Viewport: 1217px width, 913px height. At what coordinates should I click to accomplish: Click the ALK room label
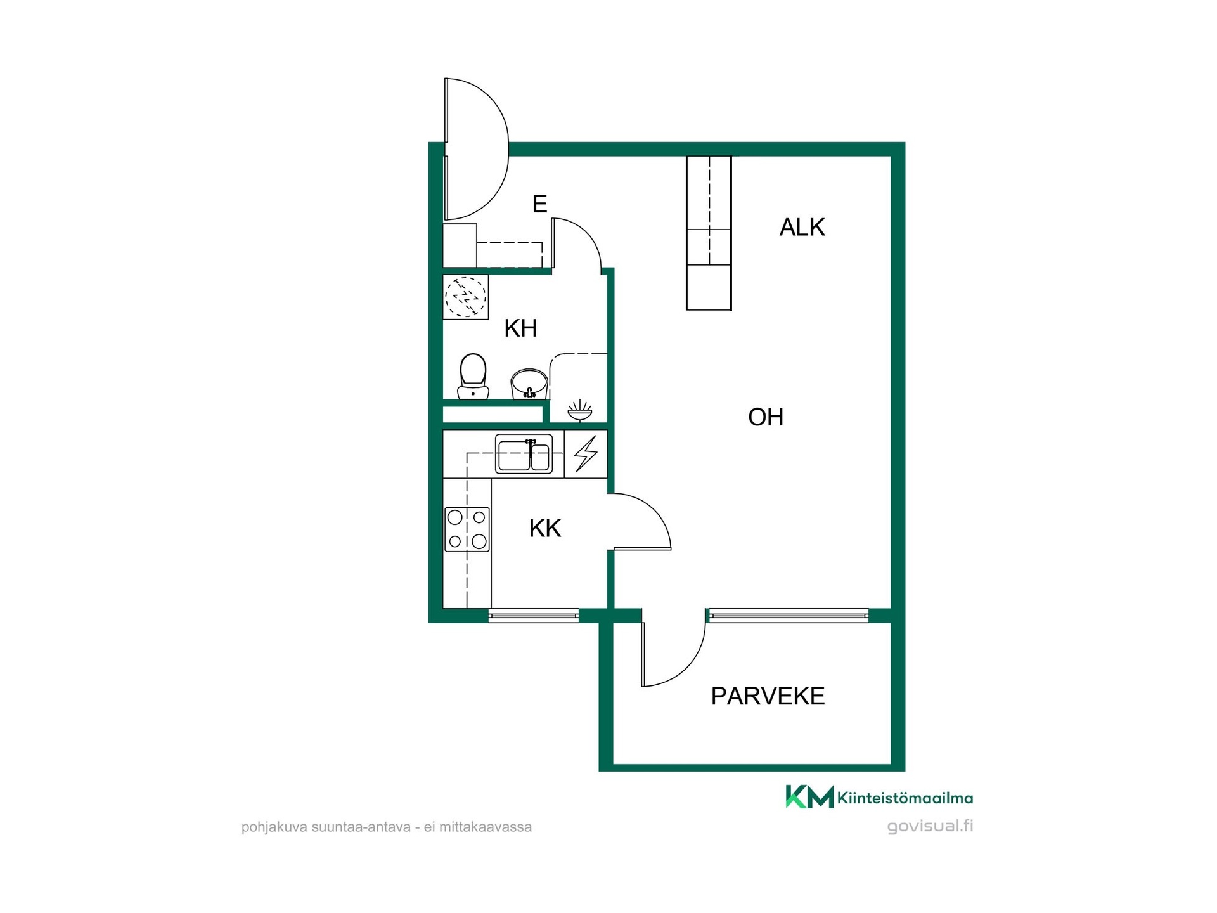(802, 227)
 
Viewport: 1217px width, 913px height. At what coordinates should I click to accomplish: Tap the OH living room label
(766, 417)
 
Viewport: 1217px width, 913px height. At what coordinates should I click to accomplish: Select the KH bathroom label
(520, 328)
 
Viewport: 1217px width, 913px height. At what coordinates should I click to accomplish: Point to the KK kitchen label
(545, 528)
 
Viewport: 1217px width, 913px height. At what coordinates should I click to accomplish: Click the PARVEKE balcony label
(768, 696)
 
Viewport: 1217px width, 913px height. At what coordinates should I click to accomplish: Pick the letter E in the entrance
(539, 204)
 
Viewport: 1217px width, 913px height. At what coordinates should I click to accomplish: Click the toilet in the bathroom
(473, 377)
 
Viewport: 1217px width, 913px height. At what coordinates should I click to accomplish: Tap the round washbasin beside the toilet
(529, 384)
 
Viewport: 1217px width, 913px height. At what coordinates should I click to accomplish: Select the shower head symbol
(580, 410)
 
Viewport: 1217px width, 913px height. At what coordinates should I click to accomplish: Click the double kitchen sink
(524, 453)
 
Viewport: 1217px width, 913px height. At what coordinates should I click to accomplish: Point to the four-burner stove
(467, 529)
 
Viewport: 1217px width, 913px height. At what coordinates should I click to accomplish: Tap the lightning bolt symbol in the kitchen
(586, 453)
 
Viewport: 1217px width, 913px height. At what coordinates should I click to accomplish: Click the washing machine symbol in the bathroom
(465, 297)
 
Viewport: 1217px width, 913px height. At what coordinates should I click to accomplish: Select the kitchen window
(534, 615)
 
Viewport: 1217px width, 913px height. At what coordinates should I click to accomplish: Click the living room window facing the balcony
(789, 615)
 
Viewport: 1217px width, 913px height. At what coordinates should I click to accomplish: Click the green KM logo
(809, 797)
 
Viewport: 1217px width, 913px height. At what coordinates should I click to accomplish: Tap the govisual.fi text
(930, 826)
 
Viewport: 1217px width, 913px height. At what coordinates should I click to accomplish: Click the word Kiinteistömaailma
(905, 798)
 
